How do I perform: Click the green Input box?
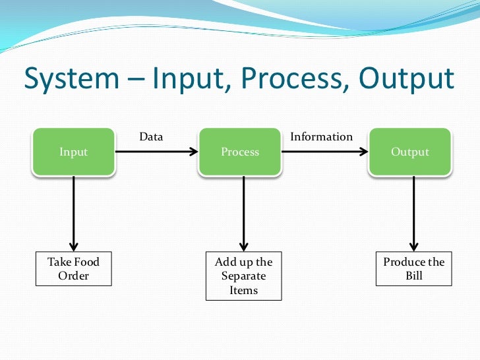pos(73,152)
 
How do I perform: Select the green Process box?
pos(240,152)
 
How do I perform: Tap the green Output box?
pos(409,152)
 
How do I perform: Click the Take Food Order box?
pos(73,269)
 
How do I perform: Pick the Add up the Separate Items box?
pos(243,276)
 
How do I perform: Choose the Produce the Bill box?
pos(413,269)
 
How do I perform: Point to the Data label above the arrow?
pos(151,136)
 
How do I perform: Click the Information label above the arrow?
pos(321,136)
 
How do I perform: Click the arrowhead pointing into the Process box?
pos(193,152)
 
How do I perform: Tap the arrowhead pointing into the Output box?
pos(363,152)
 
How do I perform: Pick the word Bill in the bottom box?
pos(413,276)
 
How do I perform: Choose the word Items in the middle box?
pos(243,290)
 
